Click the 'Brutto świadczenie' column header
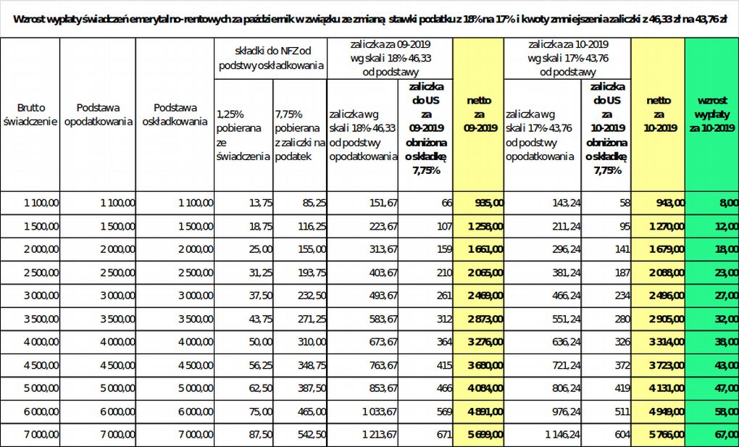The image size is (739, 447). tap(30, 114)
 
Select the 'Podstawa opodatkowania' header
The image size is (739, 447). tap(98, 114)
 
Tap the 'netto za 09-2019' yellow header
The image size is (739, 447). tap(477, 114)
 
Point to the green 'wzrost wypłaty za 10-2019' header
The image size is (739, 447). tap(711, 114)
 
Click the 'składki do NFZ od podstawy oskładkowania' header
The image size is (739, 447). tap(271, 58)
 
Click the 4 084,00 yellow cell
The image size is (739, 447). tap(479, 389)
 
